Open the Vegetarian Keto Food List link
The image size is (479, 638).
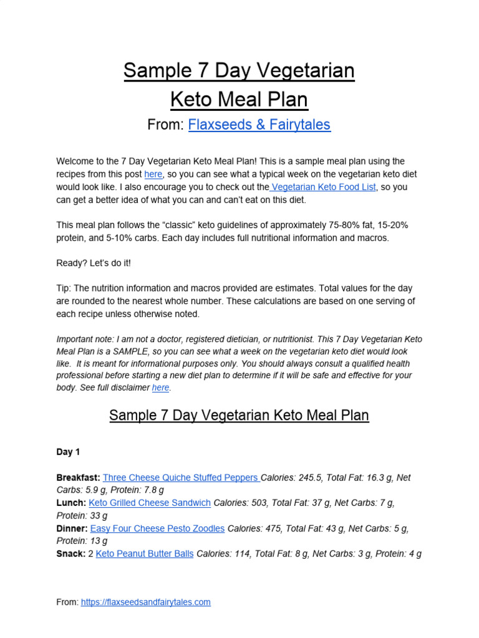[x=324, y=187]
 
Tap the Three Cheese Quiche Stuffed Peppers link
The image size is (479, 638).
[x=181, y=478]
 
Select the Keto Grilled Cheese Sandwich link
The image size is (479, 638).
[x=150, y=503]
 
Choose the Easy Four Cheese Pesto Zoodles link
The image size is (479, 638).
[x=157, y=528]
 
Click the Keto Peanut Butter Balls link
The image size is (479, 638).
[x=145, y=553]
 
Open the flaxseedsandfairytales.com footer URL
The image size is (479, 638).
[x=145, y=602]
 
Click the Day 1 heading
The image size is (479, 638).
[x=68, y=452]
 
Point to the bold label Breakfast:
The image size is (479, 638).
[x=78, y=478]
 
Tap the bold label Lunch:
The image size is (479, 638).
[x=71, y=503]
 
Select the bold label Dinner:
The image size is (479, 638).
[x=72, y=528]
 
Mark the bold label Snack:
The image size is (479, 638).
[x=70, y=553]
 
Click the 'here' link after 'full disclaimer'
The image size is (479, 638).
[x=161, y=388]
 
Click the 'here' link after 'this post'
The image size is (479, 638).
[x=153, y=174]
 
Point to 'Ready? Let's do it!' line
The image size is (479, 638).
[x=94, y=263]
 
